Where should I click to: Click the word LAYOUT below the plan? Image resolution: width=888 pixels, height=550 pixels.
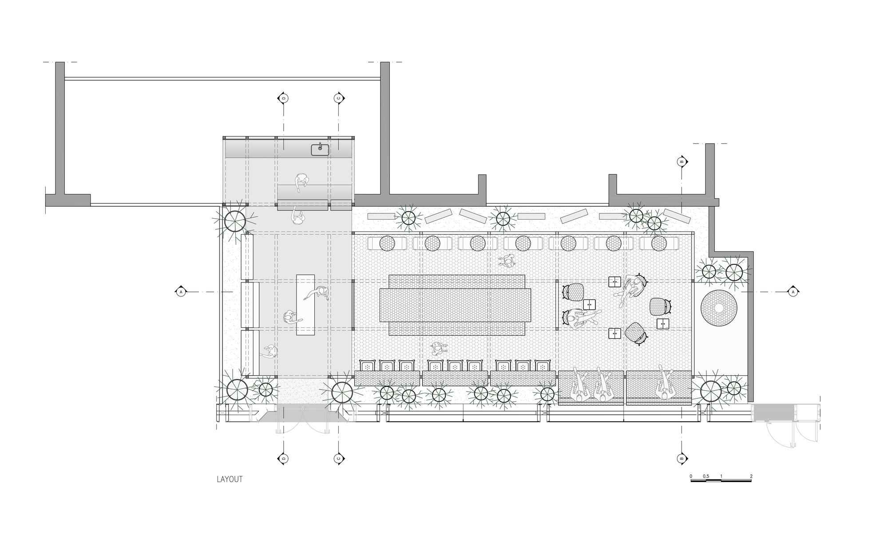pyautogui.click(x=230, y=479)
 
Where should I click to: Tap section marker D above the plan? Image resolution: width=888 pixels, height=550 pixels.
pyautogui.click(x=283, y=98)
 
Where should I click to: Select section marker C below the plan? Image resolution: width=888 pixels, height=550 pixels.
pyautogui.click(x=338, y=458)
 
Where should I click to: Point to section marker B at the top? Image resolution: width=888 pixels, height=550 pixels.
pyautogui.click(x=682, y=162)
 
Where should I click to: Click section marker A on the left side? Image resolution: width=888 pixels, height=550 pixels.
pyautogui.click(x=181, y=292)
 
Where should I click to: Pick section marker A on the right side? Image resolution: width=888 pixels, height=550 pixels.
pyautogui.click(x=793, y=292)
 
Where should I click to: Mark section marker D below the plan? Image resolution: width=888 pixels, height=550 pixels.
pyautogui.click(x=283, y=458)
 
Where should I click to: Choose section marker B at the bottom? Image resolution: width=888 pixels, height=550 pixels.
pyautogui.click(x=682, y=458)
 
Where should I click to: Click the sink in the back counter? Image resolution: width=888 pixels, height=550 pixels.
pyautogui.click(x=320, y=149)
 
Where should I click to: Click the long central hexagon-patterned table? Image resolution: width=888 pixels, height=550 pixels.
pyautogui.click(x=456, y=305)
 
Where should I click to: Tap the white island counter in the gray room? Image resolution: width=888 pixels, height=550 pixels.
pyautogui.click(x=305, y=305)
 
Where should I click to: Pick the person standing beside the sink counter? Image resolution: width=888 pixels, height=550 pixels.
pyautogui.click(x=301, y=182)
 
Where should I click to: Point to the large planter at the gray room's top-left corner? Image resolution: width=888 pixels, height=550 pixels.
pyautogui.click(x=234, y=221)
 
